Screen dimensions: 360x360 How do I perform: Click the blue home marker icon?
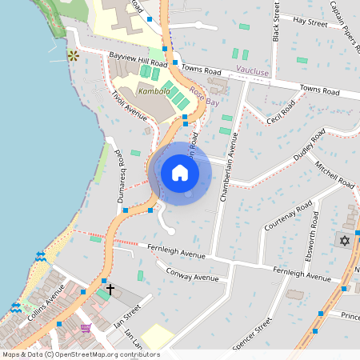point(180,173)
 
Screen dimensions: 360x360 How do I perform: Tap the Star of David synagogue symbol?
point(345,241)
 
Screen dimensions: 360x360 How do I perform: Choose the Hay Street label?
point(310,23)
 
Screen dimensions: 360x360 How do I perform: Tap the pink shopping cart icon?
point(85,327)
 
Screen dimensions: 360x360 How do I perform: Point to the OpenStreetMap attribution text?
point(81,354)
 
